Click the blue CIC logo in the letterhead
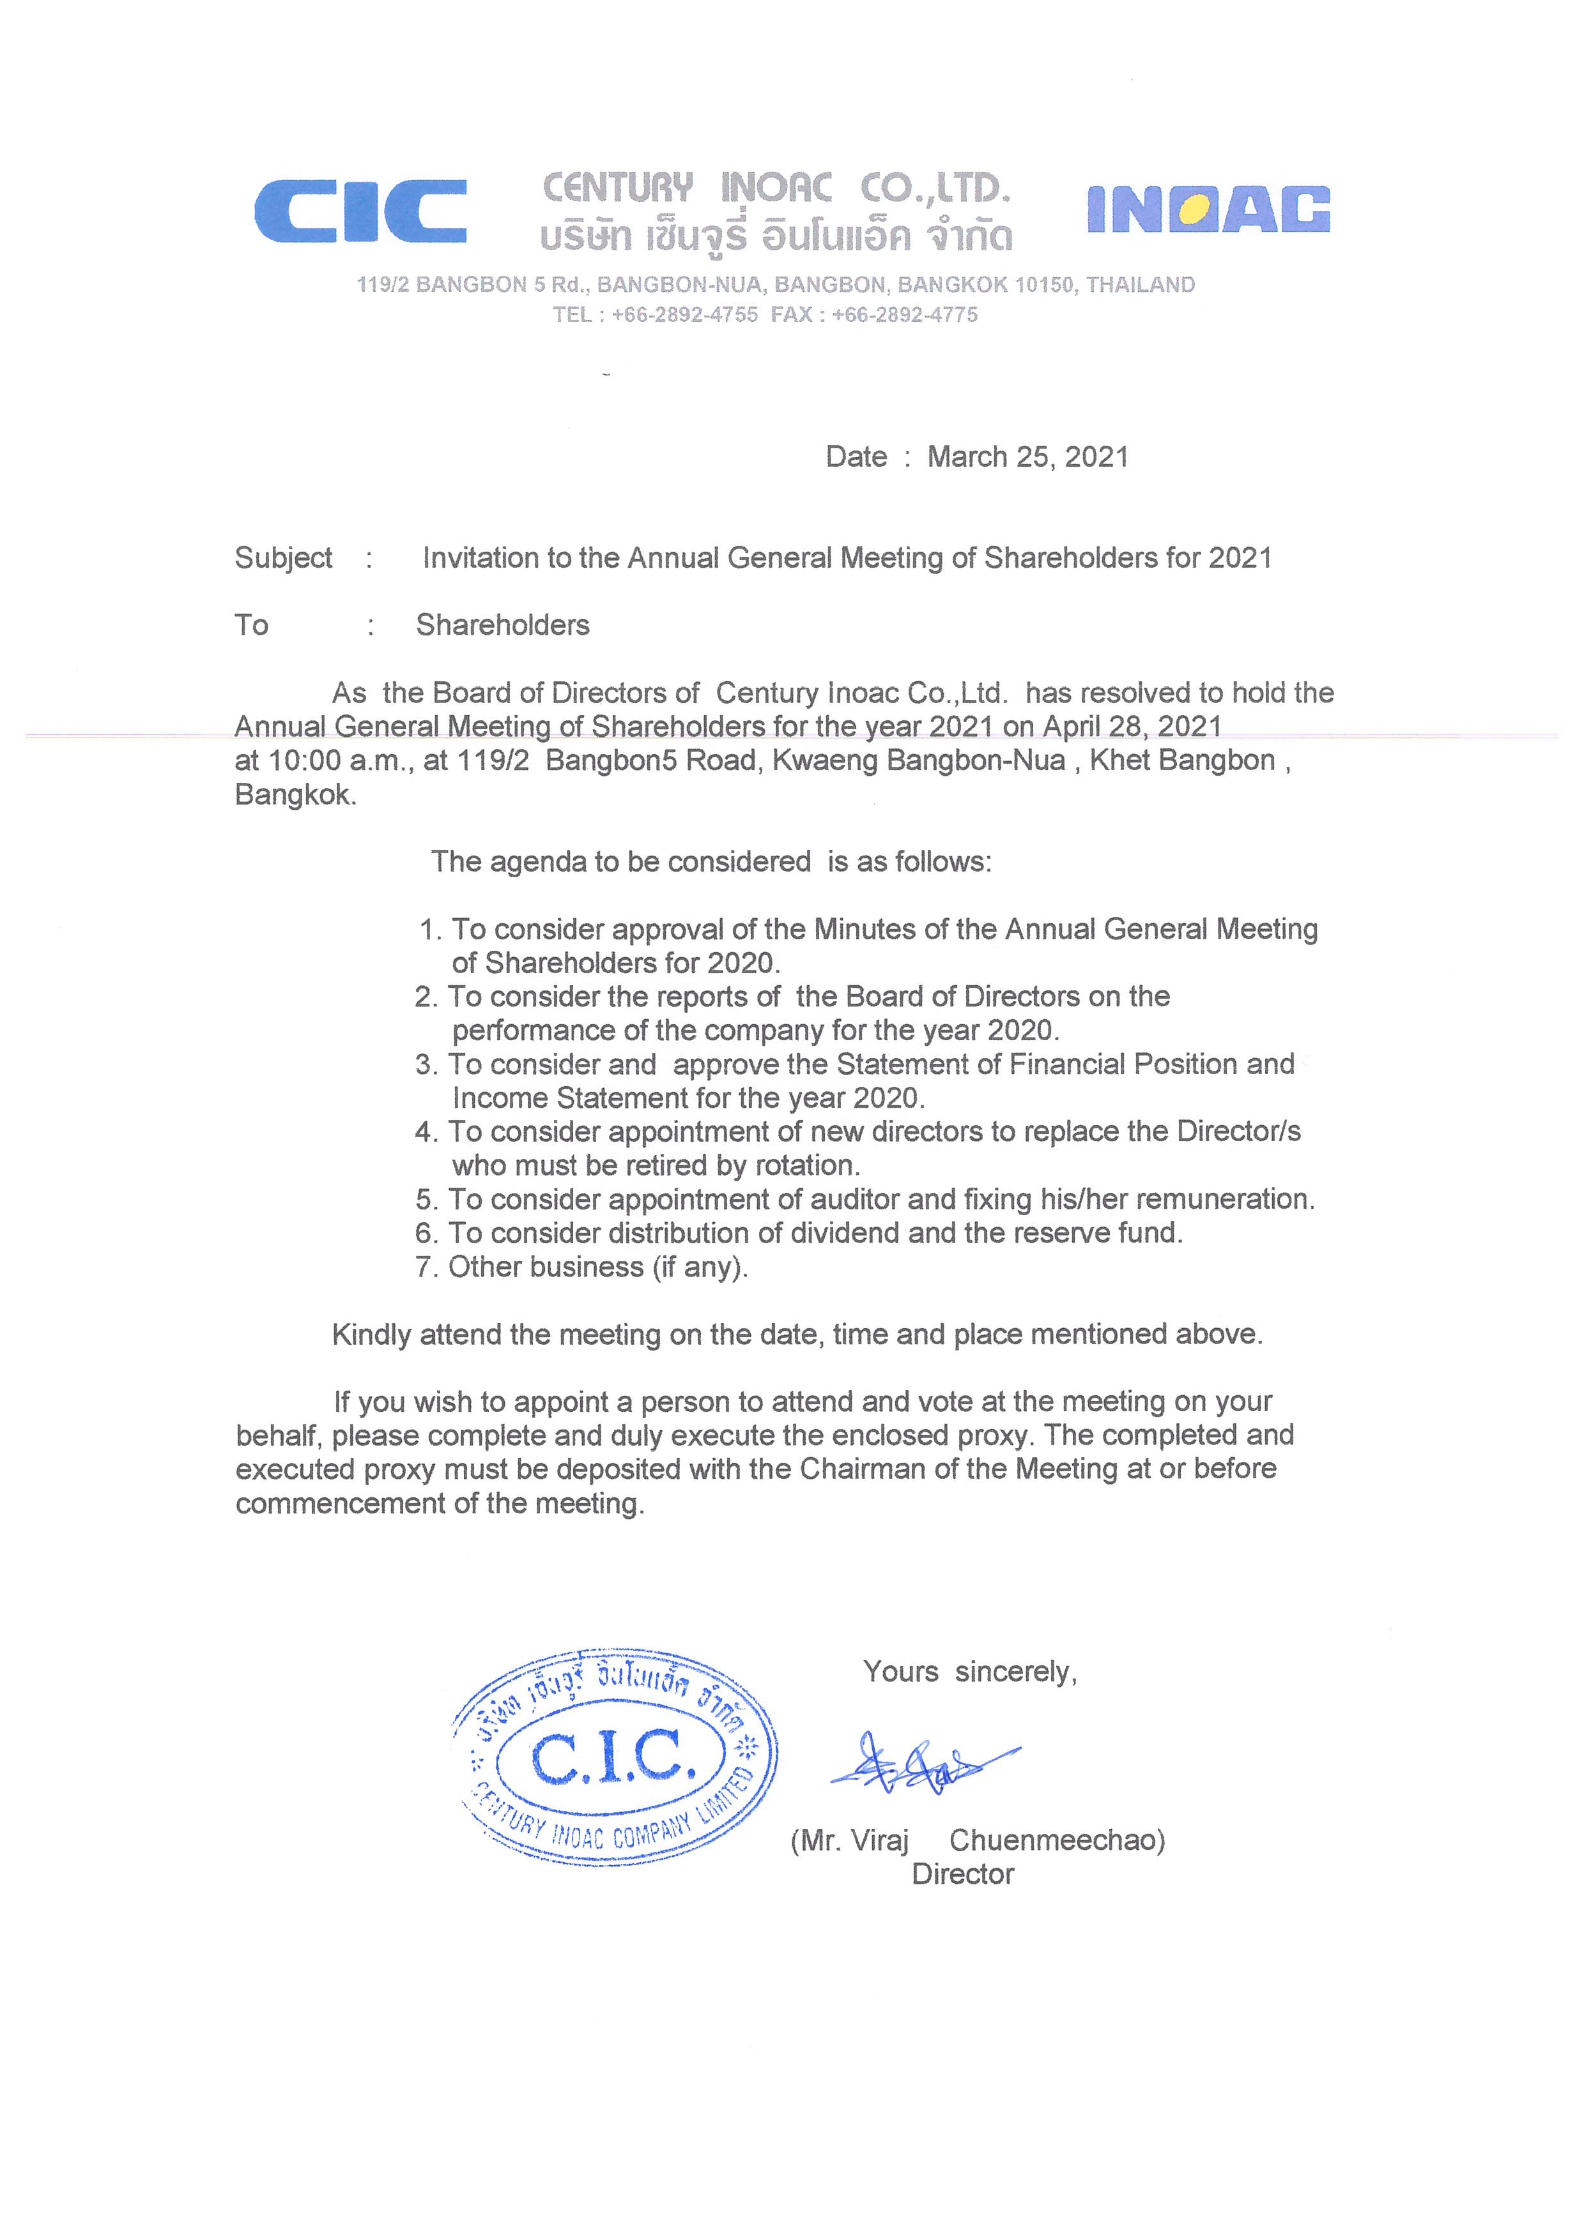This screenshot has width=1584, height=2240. point(360,211)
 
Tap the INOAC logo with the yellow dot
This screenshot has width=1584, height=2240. point(1208,209)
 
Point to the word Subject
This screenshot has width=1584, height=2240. point(283,558)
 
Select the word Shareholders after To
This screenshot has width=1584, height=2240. point(503,625)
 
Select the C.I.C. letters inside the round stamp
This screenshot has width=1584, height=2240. point(613,1757)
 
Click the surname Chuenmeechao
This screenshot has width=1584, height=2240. point(1057,1841)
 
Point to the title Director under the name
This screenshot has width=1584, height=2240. point(962,1875)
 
